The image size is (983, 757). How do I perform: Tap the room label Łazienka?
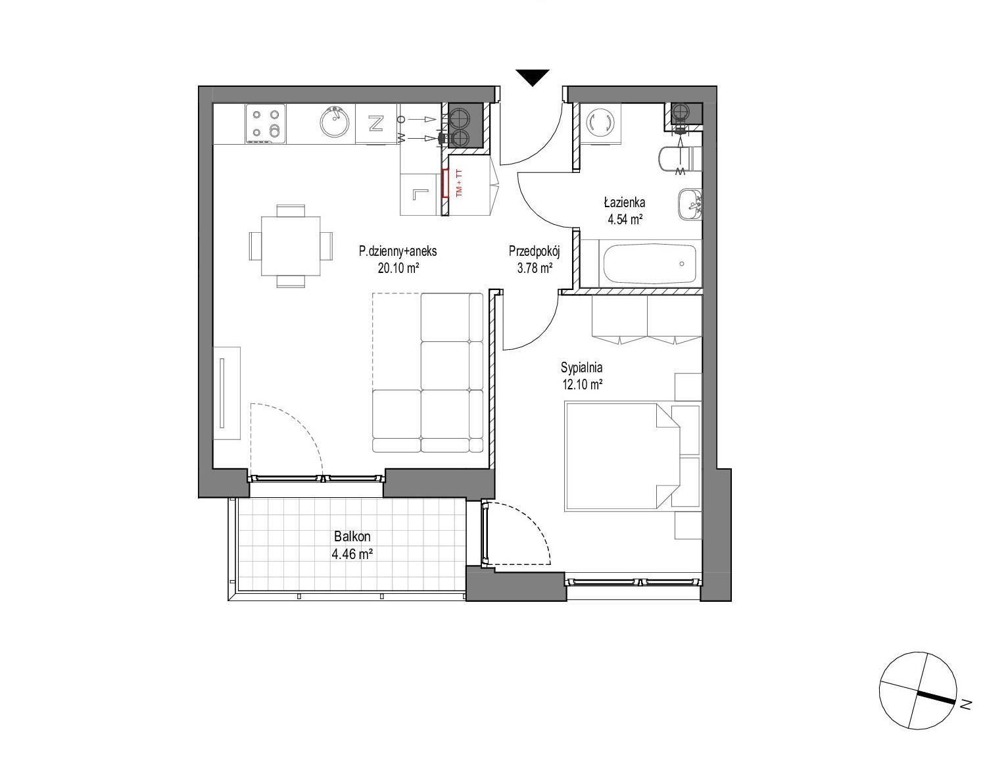(624, 203)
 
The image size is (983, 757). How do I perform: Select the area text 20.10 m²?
(398, 268)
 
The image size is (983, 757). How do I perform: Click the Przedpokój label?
(535, 252)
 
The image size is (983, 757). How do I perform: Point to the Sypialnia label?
(581, 367)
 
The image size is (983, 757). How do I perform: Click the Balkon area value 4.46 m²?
(352, 554)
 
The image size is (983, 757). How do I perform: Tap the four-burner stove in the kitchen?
(266, 124)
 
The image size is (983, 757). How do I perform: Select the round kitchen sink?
(335, 122)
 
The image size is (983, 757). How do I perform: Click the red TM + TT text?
(459, 183)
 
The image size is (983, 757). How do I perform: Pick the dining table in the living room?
(291, 246)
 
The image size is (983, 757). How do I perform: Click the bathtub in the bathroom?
(650, 264)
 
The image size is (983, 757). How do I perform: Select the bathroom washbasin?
(690, 205)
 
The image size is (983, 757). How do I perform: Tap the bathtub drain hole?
(681, 264)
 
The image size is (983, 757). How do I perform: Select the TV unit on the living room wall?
(227, 393)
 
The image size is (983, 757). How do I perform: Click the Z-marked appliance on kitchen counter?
(376, 124)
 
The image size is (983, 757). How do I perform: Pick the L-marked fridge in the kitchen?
(420, 194)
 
